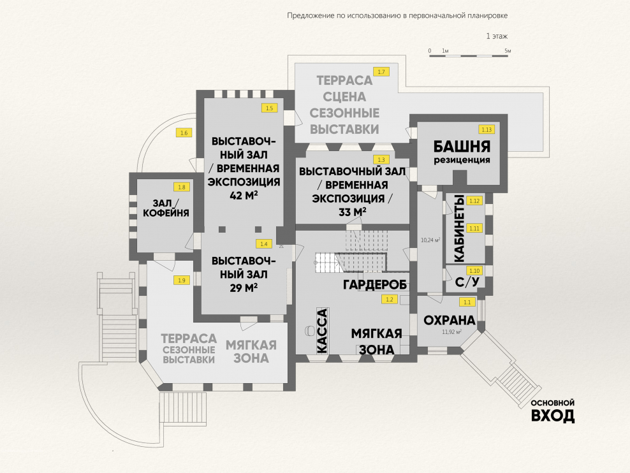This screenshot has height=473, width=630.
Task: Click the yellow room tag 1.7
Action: tap(381, 72)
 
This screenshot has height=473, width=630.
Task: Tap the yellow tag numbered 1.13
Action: tap(487, 129)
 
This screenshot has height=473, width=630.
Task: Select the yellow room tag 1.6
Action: tap(184, 133)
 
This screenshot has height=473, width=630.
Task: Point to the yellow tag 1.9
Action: tap(182, 280)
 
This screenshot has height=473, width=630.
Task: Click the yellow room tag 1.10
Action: tap(474, 270)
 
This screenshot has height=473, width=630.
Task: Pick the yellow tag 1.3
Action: tap(381, 159)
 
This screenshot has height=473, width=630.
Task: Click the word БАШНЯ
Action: tap(462, 145)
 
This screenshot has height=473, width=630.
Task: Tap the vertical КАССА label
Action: tap(322, 330)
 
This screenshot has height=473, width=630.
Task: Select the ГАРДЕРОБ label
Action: tap(375, 284)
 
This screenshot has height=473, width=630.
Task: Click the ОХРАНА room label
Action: tap(450, 320)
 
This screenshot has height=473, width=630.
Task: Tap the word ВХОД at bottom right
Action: tap(553, 417)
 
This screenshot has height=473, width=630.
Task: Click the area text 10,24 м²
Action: tap(431, 240)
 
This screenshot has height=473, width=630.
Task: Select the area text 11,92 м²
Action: tap(451, 332)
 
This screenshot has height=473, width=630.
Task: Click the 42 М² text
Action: tap(244, 196)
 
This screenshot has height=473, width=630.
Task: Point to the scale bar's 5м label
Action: tap(508, 50)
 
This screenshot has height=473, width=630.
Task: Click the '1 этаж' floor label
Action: tap(497, 36)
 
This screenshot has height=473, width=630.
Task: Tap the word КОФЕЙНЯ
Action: tap(165, 214)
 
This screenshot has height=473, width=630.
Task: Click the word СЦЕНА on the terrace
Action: tap(344, 98)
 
